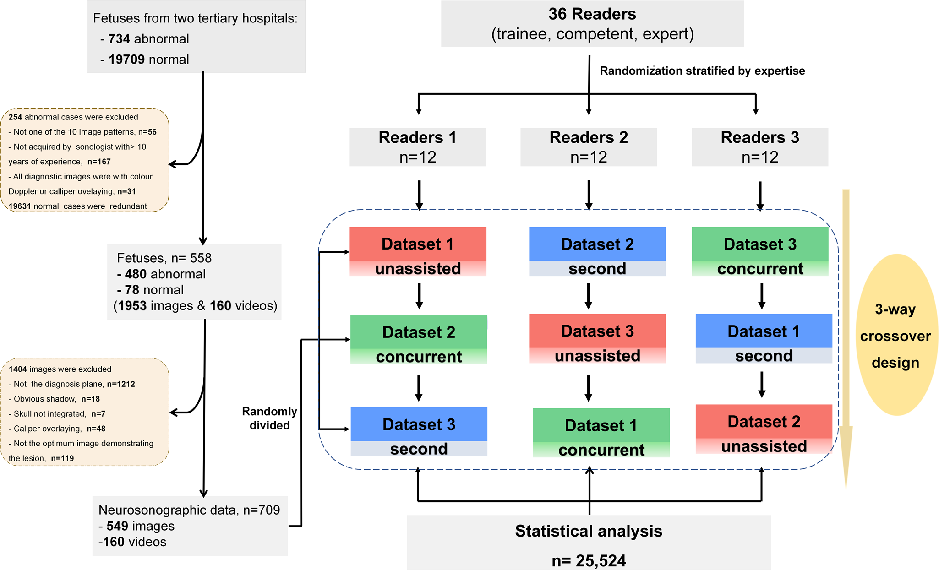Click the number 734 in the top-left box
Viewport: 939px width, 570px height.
(x=119, y=39)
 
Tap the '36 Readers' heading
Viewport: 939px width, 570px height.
(x=592, y=14)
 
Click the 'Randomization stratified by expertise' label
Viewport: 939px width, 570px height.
(x=702, y=71)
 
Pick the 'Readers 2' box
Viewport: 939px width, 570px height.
(x=588, y=147)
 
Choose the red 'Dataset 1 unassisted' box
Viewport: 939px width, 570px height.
(x=417, y=251)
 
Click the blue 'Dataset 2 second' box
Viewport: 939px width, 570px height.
(x=597, y=251)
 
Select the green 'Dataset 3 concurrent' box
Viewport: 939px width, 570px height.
(x=759, y=251)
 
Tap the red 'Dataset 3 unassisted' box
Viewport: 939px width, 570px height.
(x=597, y=338)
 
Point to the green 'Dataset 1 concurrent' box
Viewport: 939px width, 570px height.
(x=601, y=433)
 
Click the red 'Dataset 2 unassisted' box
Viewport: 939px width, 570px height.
(x=764, y=429)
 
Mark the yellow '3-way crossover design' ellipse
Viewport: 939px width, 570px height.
(x=895, y=336)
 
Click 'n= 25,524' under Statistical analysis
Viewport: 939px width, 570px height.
(x=589, y=560)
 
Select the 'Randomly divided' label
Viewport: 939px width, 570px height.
(x=269, y=418)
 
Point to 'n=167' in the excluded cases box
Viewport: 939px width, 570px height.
(x=99, y=162)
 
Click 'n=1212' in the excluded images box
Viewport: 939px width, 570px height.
(x=121, y=384)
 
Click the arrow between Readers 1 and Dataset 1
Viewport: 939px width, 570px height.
(x=419, y=195)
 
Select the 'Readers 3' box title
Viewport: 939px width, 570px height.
(x=759, y=137)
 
